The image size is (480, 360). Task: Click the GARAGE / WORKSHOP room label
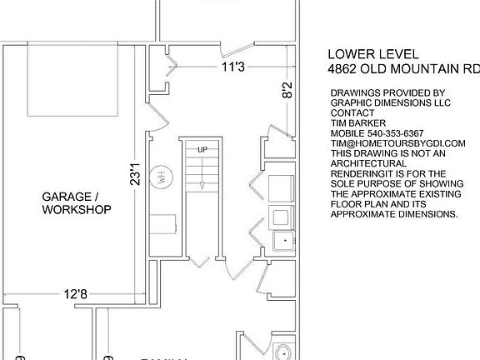tap(76, 203)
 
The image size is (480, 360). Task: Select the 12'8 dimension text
tap(76, 293)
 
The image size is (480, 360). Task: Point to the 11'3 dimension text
tap(233, 67)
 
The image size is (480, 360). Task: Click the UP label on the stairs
tap(202, 149)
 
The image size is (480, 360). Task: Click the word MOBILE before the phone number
tap(347, 133)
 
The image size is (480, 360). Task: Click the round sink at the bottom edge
tap(285, 352)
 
